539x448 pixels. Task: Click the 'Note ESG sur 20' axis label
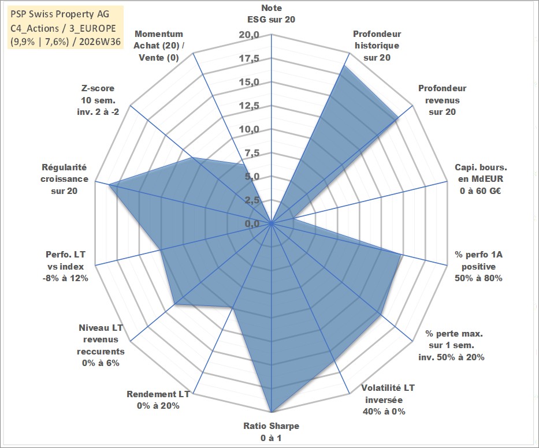coord(271,14)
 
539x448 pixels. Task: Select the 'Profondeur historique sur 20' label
coord(377,46)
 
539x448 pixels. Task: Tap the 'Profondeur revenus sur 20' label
coord(442,100)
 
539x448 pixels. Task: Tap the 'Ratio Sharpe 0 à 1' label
coord(271,432)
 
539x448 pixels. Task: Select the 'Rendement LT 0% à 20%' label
coord(158,400)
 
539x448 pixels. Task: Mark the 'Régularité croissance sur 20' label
coord(64,179)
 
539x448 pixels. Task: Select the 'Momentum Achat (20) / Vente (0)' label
coord(159,46)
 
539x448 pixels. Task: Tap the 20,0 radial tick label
coord(249,35)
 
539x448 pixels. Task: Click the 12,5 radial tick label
coord(249,106)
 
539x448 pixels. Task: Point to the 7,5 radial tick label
coord(252,153)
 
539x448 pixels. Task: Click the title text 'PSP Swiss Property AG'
coord(60,14)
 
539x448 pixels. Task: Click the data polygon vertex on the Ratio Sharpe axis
coord(271,412)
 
